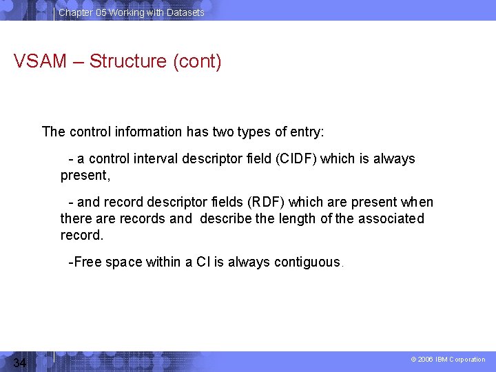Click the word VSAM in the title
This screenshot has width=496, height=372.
click(40, 61)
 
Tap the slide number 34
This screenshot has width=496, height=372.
click(19, 363)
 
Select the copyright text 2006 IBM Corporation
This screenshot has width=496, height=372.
click(448, 360)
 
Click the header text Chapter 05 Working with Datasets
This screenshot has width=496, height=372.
click(131, 12)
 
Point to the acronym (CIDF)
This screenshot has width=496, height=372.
click(296, 159)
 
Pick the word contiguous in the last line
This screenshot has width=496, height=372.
click(307, 262)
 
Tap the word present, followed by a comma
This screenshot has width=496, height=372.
click(85, 176)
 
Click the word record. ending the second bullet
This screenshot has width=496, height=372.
click(81, 236)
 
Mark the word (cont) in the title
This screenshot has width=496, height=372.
click(197, 61)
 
